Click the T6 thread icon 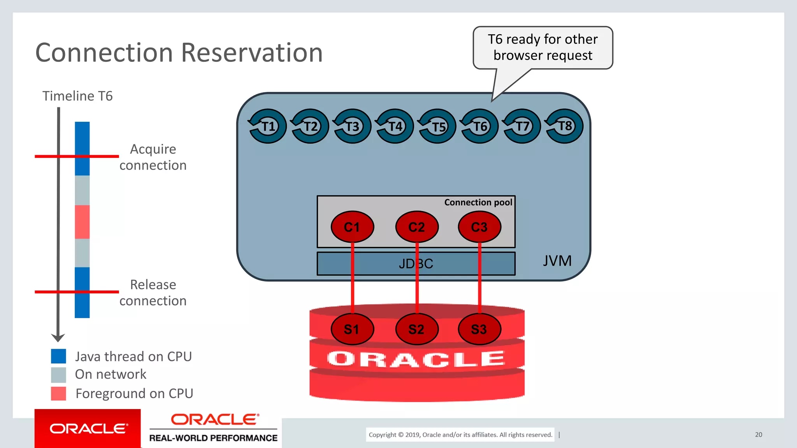pyautogui.click(x=479, y=126)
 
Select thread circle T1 pyautogui.click(x=267, y=126)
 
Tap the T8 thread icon pyautogui.click(x=564, y=126)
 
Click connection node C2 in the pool pyautogui.click(x=417, y=227)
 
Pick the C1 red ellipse pyautogui.click(x=352, y=227)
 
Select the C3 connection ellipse pyautogui.click(x=479, y=227)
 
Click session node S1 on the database pyautogui.click(x=352, y=329)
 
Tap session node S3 pyautogui.click(x=479, y=329)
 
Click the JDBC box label pyautogui.click(x=416, y=264)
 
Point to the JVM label pyautogui.click(x=557, y=261)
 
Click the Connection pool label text pyautogui.click(x=478, y=202)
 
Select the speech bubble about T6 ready pyautogui.click(x=542, y=47)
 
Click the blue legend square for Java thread pyautogui.click(x=58, y=356)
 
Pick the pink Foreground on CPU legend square pyautogui.click(x=58, y=394)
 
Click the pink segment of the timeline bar pyautogui.click(x=82, y=222)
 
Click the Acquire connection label pyautogui.click(x=153, y=157)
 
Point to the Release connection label pyautogui.click(x=153, y=292)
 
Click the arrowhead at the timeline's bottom pyautogui.click(x=58, y=338)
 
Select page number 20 pyautogui.click(x=758, y=434)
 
